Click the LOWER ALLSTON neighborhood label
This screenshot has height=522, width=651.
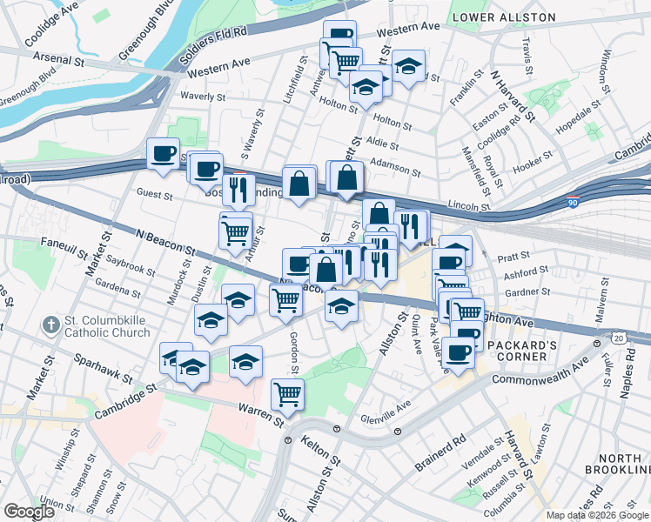coord(505,17)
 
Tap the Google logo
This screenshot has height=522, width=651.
coord(29,511)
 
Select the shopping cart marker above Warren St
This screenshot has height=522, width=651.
coord(287,393)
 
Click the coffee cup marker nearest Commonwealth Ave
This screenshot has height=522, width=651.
coord(458,352)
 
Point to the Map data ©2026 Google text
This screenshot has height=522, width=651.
coord(596,515)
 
